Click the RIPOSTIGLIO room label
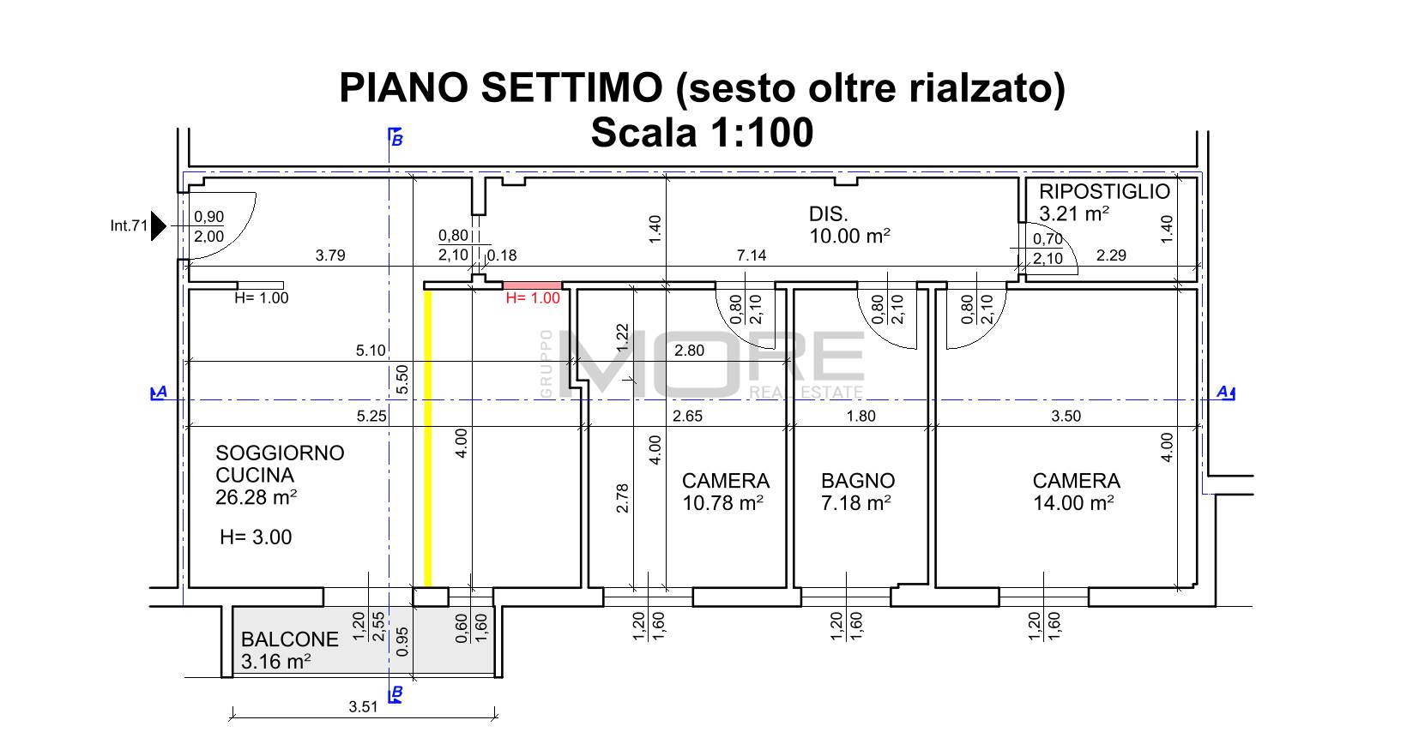[x=1104, y=192]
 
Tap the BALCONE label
[x=289, y=639]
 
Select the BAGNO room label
[x=858, y=481]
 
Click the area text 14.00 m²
[x=1073, y=503]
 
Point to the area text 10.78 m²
[x=722, y=503]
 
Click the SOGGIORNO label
[x=280, y=453]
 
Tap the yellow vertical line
[x=427, y=439]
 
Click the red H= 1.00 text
[x=533, y=298]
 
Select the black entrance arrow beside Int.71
[x=159, y=226]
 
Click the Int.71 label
[x=129, y=226]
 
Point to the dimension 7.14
[x=752, y=255]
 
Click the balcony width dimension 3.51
[x=363, y=706]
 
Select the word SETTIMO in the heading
[x=571, y=87]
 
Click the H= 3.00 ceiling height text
[x=256, y=537]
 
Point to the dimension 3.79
[x=330, y=255]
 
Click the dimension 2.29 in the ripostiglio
[x=1111, y=255]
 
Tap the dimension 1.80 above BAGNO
[x=860, y=416]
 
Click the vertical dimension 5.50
[x=402, y=379]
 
